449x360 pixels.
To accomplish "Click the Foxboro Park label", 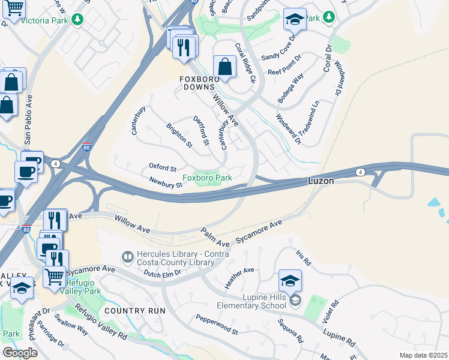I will click(207, 178).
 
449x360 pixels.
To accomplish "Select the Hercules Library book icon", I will click(127, 257).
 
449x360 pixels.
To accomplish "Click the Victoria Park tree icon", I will click(77, 20).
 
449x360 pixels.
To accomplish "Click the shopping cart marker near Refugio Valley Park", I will click(55, 277).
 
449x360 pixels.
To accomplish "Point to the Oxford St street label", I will click(163, 168).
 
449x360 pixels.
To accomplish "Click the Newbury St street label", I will click(166, 182).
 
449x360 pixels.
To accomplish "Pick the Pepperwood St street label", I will click(217, 324).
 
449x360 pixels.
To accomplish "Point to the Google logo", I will click(20, 353).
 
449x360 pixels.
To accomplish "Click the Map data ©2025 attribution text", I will click(423, 355).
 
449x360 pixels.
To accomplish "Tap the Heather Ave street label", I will click(240, 278).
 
